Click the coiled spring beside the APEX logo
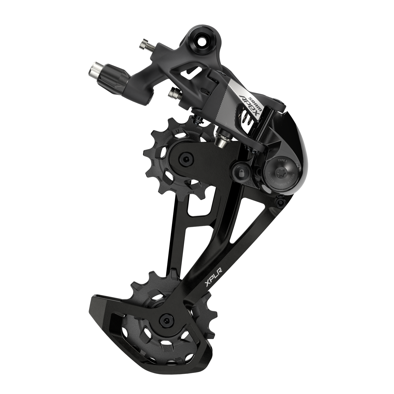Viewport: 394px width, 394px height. [249, 119]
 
